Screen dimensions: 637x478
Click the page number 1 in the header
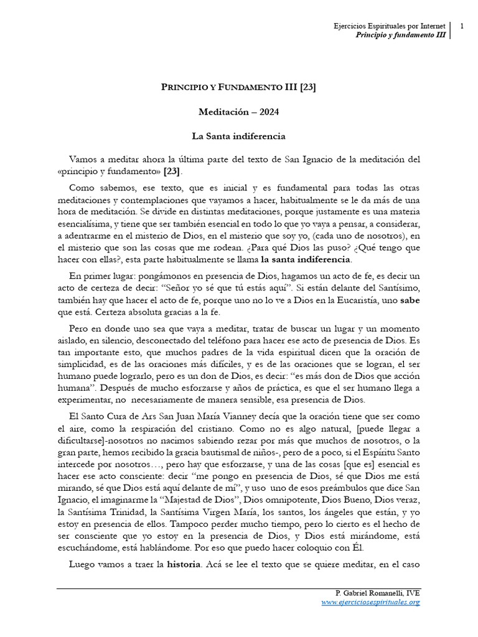[462, 26]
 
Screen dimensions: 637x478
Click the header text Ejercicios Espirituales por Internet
[390, 26]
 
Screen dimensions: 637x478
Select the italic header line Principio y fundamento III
[400, 35]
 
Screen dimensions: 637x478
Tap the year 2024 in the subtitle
[266, 112]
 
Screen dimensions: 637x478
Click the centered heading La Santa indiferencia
[238, 135]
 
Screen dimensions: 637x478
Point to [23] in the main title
[307, 88]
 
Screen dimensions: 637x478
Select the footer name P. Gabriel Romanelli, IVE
[377, 593]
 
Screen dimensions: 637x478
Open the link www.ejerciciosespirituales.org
[370, 602]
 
